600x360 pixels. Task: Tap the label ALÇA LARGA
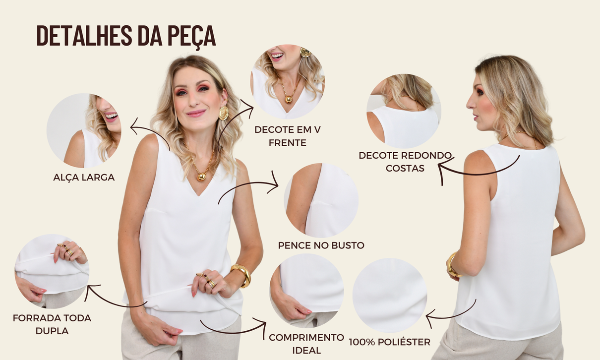pyautogui.click(x=84, y=177)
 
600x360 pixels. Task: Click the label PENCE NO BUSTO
pyautogui.click(x=321, y=245)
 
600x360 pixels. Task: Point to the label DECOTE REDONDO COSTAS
pyautogui.click(x=405, y=162)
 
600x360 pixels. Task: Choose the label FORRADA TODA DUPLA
pyautogui.click(x=52, y=324)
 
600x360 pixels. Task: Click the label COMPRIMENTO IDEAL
pyautogui.click(x=306, y=344)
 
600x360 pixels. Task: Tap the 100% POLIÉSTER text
pyautogui.click(x=389, y=342)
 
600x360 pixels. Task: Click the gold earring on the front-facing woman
pyautogui.click(x=224, y=113)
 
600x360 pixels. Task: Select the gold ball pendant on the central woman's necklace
pyautogui.click(x=202, y=176)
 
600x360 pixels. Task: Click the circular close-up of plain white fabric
pyautogui.click(x=390, y=296)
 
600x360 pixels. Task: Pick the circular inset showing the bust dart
pyautogui.click(x=321, y=200)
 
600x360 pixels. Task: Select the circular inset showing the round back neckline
pyautogui.click(x=404, y=112)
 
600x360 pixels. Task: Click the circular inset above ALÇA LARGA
pyautogui.click(x=84, y=130)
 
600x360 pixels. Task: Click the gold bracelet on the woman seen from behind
pyautogui.click(x=451, y=265)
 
